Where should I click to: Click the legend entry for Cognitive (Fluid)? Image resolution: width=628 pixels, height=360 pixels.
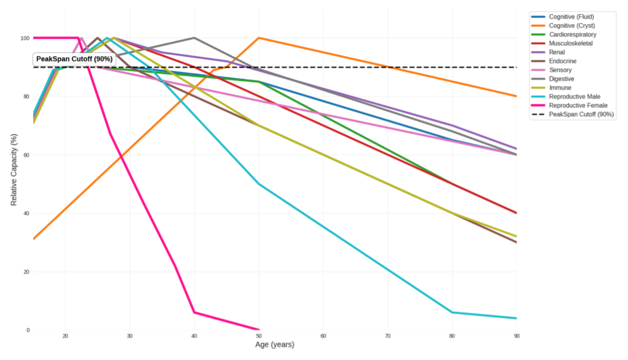[x=571, y=17]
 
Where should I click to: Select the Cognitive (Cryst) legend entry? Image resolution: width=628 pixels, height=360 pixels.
[x=572, y=26]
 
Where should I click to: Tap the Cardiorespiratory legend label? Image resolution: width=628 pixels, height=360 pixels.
[x=573, y=35]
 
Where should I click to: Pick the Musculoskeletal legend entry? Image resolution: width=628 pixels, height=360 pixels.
[x=571, y=43]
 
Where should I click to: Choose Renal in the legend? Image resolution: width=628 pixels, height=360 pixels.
[x=557, y=52]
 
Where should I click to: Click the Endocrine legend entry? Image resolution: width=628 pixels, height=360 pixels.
[x=562, y=61]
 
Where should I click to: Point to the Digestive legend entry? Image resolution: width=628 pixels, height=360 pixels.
[x=562, y=78]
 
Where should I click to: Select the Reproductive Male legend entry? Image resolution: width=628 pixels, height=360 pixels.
[x=575, y=97]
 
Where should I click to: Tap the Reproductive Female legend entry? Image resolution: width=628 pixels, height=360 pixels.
[x=578, y=105]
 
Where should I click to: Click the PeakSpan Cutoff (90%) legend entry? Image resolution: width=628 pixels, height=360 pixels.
[x=581, y=115]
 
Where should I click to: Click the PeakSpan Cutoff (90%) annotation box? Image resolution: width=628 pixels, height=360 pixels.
[x=74, y=59]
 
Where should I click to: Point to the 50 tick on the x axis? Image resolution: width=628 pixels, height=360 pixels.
[x=259, y=336]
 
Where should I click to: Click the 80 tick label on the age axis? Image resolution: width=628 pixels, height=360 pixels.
[x=452, y=336]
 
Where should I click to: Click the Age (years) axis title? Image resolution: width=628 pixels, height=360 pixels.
[x=275, y=345]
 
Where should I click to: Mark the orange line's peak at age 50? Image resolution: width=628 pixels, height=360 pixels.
[x=259, y=38]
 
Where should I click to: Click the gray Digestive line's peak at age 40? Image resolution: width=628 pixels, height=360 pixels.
[x=194, y=38]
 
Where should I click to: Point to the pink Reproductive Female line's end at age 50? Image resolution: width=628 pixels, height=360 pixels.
[x=259, y=330]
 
